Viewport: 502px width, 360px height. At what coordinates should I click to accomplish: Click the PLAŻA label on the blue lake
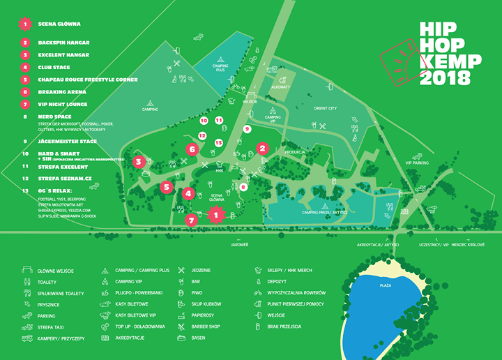tap(385, 285)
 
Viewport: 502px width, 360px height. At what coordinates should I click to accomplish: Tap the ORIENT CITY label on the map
tap(325, 109)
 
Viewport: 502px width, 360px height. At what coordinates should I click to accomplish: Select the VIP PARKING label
tap(417, 162)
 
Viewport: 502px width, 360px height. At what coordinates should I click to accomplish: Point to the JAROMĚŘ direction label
tap(239, 246)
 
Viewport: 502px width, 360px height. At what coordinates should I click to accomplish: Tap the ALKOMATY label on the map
tap(280, 87)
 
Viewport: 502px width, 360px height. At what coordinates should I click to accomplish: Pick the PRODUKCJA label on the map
tap(296, 151)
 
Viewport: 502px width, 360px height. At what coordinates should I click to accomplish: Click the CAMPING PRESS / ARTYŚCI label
tap(324, 211)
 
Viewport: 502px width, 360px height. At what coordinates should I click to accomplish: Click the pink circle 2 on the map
tap(262, 148)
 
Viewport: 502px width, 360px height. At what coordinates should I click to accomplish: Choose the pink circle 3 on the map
tap(139, 162)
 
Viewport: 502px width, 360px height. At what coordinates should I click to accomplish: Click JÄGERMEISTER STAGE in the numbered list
tap(68, 141)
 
